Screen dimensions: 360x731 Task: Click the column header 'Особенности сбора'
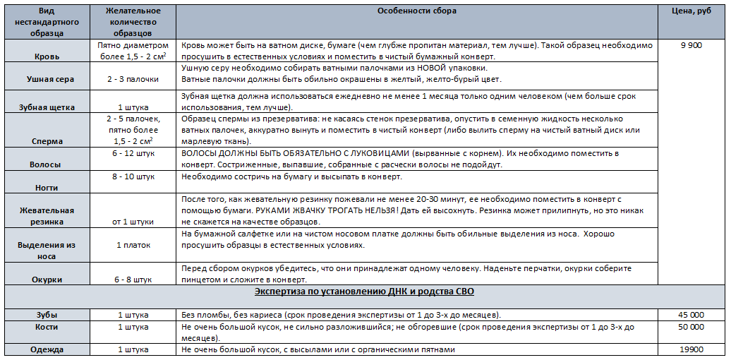pos(416,11)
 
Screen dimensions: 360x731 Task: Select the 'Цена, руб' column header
pos(691,11)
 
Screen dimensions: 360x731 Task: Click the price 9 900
pos(691,45)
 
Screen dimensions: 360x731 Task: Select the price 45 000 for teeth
pos(691,314)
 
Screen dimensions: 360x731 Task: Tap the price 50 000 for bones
pos(691,327)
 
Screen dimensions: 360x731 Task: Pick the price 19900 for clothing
pos(691,349)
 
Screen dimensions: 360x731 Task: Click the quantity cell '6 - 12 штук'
pos(133,153)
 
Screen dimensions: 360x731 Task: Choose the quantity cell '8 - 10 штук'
pos(133,176)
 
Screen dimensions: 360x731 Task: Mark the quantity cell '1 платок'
pos(133,245)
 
